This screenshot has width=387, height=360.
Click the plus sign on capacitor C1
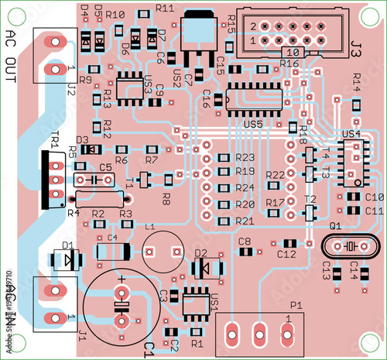click(122, 276)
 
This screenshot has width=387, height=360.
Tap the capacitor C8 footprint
click(244, 251)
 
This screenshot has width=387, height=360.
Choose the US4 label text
click(350, 134)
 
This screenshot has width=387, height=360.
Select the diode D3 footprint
click(83, 149)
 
